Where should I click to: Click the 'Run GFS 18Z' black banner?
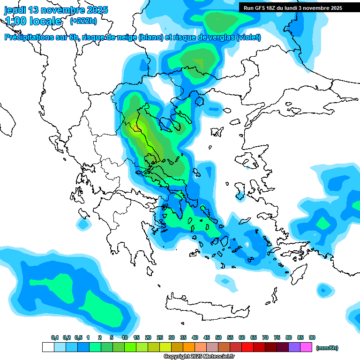pos(292,7)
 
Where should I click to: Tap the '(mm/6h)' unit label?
pos(327,348)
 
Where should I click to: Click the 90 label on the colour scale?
pos(312,337)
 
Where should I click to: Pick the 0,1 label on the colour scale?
pos(55,337)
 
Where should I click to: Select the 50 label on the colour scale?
pos(218,337)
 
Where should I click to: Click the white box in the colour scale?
pos(48,347)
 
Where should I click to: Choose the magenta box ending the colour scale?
pos(306,347)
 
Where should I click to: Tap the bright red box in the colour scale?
pos(247,347)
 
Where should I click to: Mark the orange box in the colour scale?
pos(189,347)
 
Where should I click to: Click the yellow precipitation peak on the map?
pos(135,127)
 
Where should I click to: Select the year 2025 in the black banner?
pos(335,7)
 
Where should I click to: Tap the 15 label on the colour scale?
pos(136,337)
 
